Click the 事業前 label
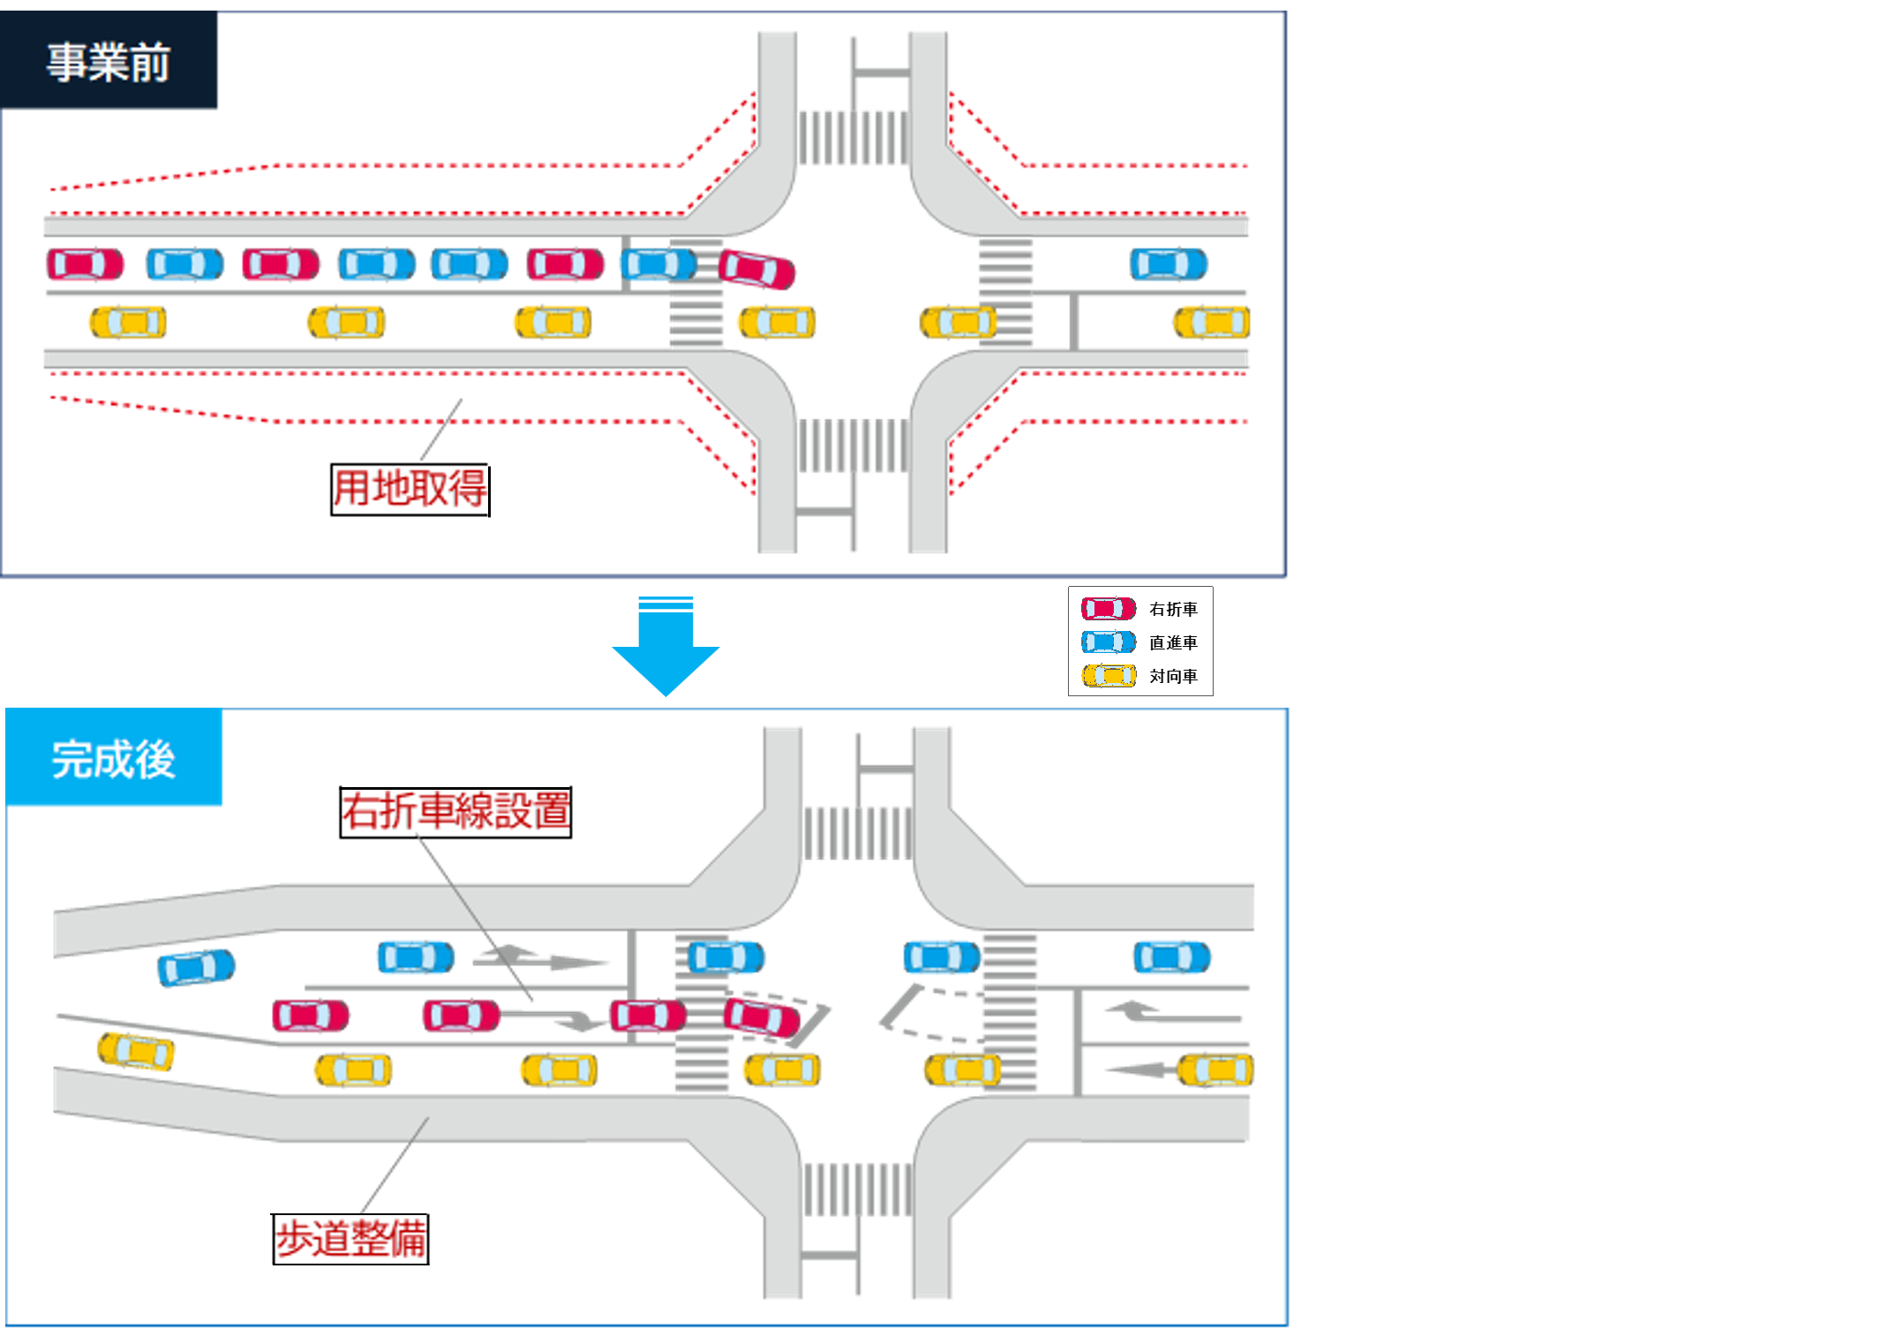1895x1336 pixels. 109,63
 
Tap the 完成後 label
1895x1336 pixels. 114,759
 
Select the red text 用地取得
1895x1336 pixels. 410,488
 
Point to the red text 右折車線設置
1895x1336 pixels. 455,811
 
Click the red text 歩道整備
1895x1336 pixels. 351,1239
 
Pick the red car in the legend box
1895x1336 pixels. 1109,608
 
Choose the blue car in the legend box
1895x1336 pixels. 1109,642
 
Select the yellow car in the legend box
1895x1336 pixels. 1109,676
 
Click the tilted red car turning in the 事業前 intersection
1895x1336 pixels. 757,269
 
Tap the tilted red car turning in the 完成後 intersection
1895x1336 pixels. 763,1016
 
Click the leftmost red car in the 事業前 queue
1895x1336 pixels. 86,264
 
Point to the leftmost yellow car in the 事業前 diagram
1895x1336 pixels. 127,322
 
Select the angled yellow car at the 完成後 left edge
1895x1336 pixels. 136,1050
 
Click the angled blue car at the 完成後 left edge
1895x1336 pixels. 196,967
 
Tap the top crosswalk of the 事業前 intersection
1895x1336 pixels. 853,137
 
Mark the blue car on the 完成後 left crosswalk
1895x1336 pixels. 726,957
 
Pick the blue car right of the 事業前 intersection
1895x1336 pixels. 1169,264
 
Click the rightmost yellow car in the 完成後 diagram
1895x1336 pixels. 1215,1070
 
